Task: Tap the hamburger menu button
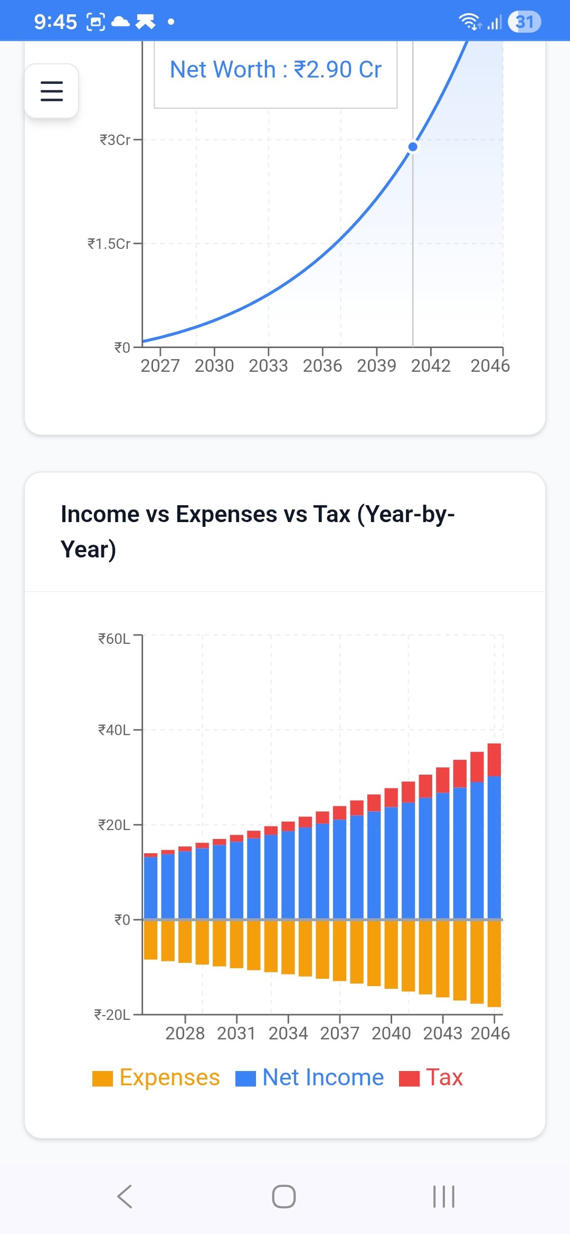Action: (x=52, y=91)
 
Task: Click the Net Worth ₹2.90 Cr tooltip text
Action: (x=275, y=70)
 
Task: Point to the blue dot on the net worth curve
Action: (x=413, y=147)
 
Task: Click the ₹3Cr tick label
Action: (x=115, y=140)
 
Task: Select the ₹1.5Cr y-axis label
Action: (x=109, y=244)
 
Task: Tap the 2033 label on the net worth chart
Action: (x=268, y=366)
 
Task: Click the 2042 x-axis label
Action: (x=431, y=366)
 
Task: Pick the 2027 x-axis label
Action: (x=160, y=366)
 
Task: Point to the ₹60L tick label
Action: (x=114, y=639)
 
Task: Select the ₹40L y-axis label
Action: (x=114, y=730)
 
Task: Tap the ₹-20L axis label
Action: (x=112, y=1015)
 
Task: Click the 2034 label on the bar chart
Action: (x=288, y=1034)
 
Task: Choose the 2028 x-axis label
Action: (x=185, y=1034)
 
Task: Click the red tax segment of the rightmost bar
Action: (x=495, y=759)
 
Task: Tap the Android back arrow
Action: (x=125, y=1197)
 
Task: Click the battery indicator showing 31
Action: (x=524, y=22)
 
